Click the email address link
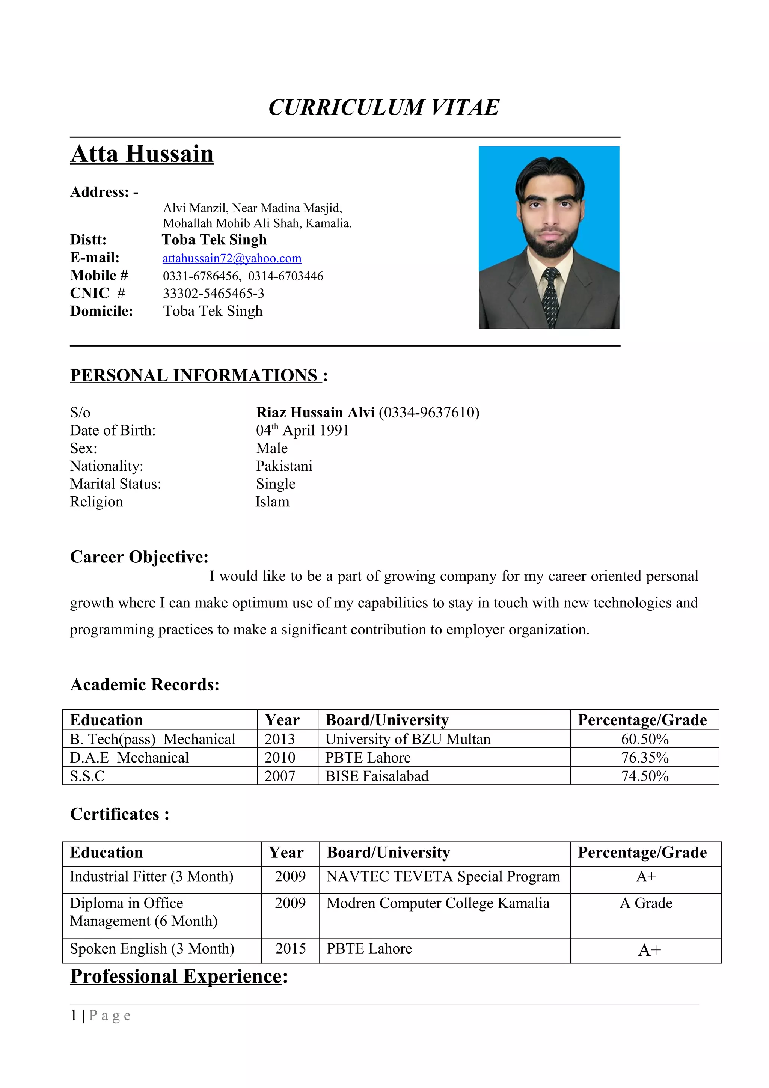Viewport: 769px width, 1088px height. click(232, 258)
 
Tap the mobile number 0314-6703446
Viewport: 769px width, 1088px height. click(285, 276)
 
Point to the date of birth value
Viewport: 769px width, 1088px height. click(302, 430)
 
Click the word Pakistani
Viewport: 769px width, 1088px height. click(284, 466)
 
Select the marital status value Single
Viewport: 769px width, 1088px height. click(275, 484)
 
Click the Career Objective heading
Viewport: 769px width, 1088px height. click(139, 557)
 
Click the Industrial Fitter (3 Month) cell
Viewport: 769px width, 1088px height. click(152, 877)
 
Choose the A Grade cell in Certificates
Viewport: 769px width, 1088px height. click(645, 903)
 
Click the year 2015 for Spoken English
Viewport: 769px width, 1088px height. click(291, 949)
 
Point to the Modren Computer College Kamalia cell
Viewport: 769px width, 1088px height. click(438, 903)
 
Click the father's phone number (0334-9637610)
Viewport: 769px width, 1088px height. click(429, 412)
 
